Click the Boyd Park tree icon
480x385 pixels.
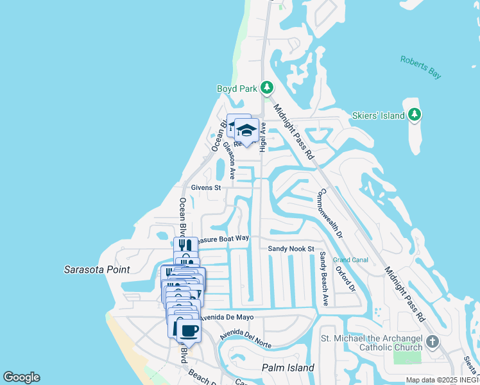pos(267,88)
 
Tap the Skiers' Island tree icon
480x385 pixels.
pos(415,115)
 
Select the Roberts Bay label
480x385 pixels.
pos(420,67)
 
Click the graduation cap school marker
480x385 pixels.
pos(246,132)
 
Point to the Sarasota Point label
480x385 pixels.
pos(97,270)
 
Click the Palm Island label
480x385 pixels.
pos(288,368)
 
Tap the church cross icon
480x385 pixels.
pos(433,341)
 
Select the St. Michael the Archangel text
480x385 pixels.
pos(371,338)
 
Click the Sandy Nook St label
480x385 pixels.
pos(291,248)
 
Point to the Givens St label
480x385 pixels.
pos(205,188)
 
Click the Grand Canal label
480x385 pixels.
pos(350,260)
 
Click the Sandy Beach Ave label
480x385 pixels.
pos(324,278)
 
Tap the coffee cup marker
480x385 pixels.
pos(189,331)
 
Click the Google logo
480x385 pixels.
pos(21,377)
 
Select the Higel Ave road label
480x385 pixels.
pos(262,137)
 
